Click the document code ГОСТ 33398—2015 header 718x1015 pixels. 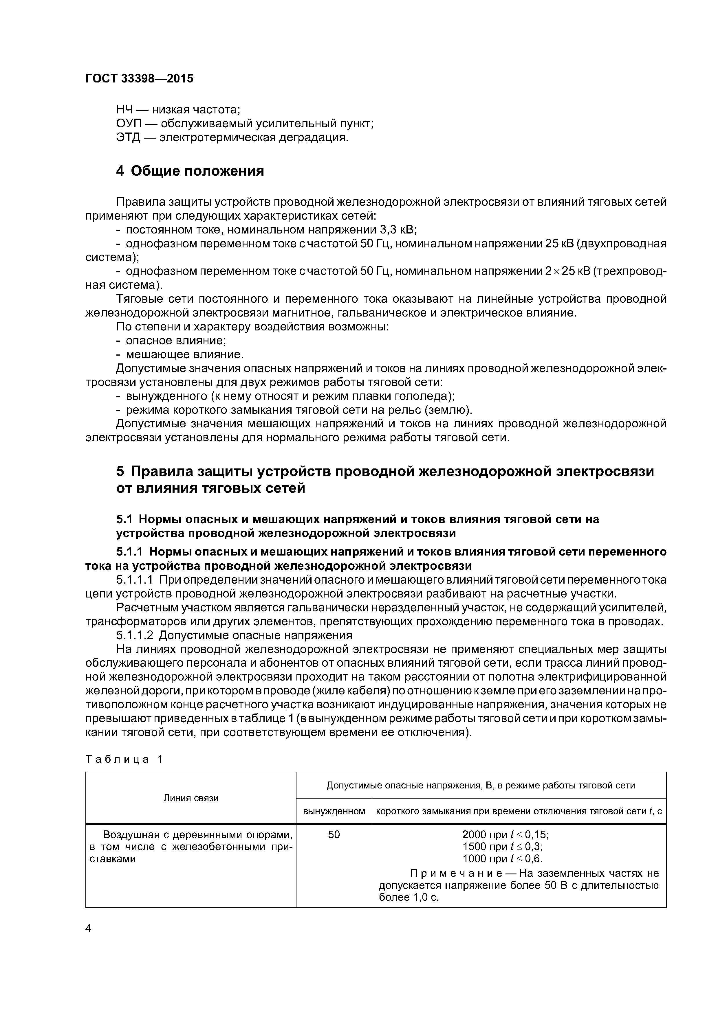pyautogui.click(x=139, y=79)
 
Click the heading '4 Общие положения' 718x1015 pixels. pyautogui.click(x=190, y=171)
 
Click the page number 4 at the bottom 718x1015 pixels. pyautogui.click(x=89, y=929)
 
